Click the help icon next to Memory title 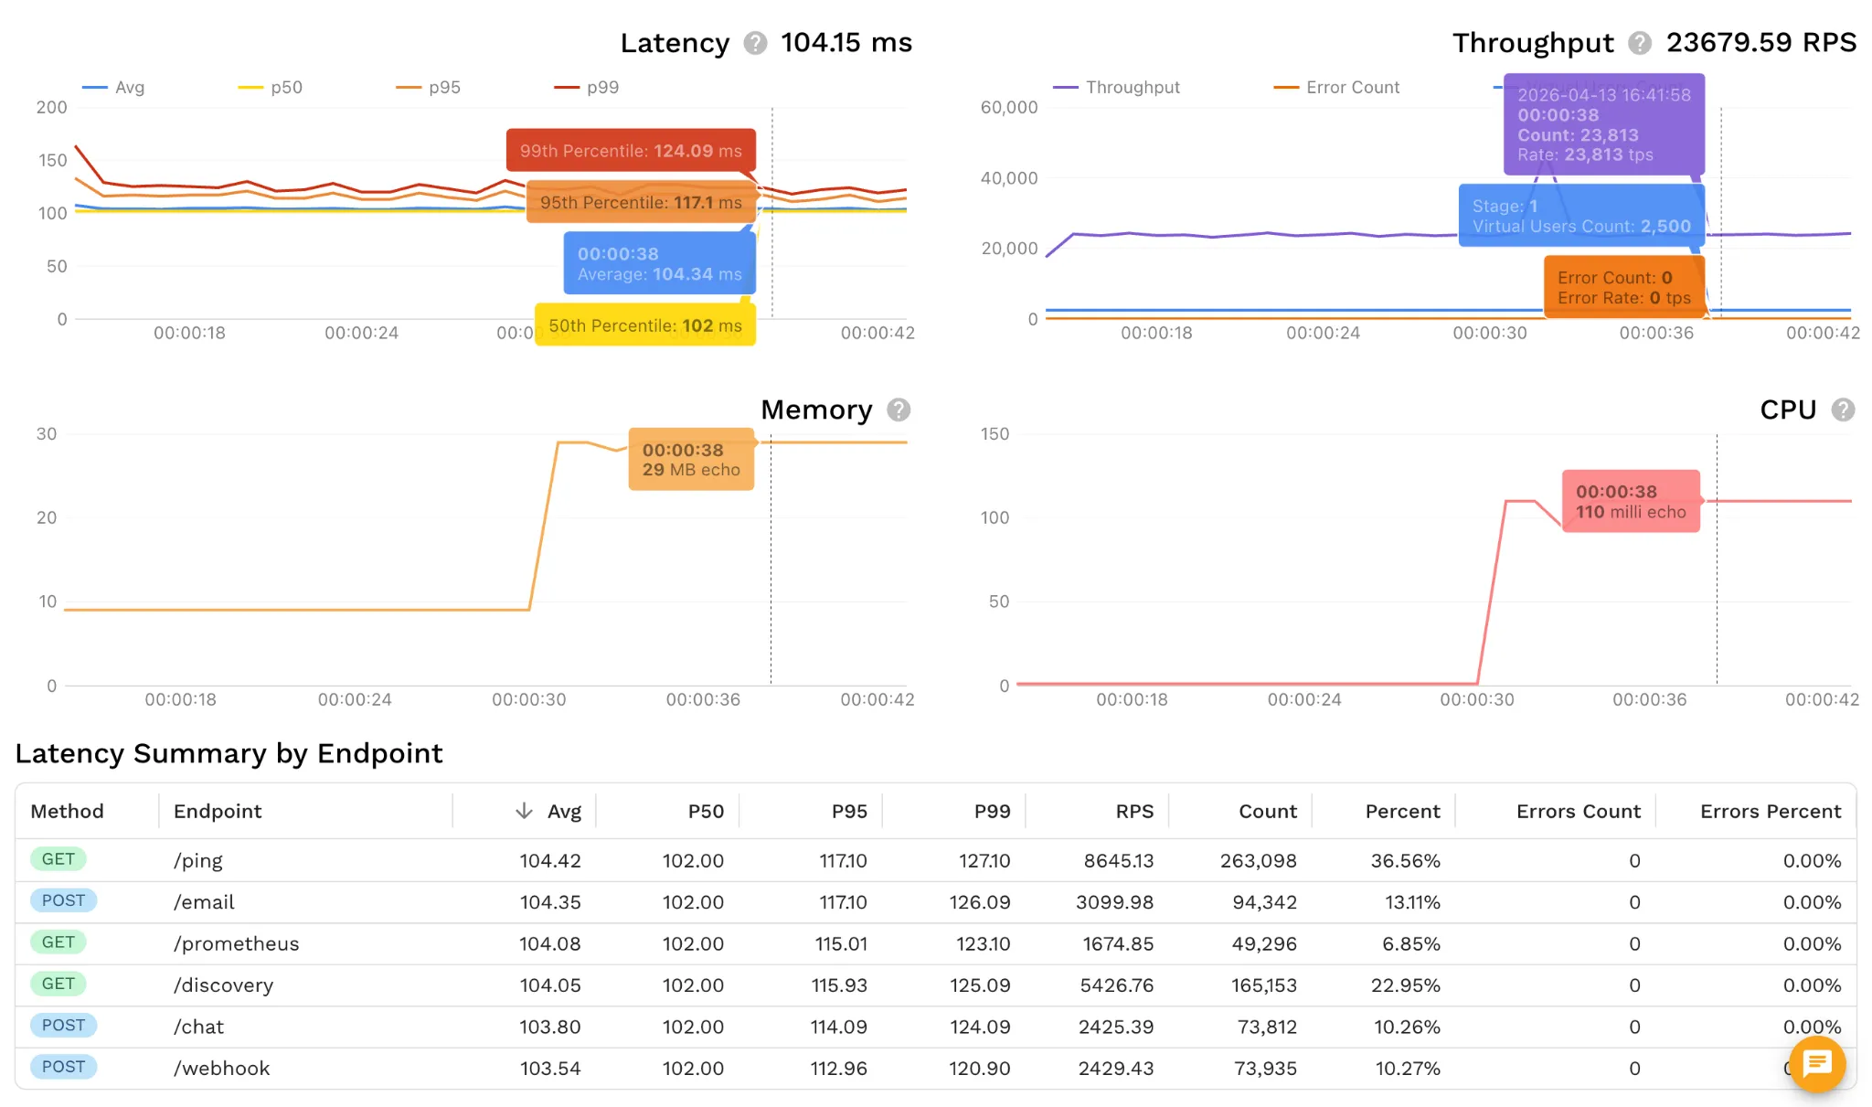[x=899, y=410]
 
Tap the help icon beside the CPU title [x=1843, y=410]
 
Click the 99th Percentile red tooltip [x=631, y=151]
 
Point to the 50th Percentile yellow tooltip [x=644, y=325]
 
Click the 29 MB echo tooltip [x=691, y=460]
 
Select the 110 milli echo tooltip [x=1631, y=502]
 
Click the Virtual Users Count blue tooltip [x=1581, y=217]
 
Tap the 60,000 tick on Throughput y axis [x=1009, y=108]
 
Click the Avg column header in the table [x=563, y=812]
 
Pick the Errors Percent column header [x=1770, y=812]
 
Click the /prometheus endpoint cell [x=236, y=943]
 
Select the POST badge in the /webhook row [x=63, y=1067]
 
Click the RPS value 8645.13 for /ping [x=1118, y=861]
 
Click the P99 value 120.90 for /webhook [x=979, y=1069]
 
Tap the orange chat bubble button [x=1816, y=1063]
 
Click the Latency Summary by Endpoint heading [x=229, y=753]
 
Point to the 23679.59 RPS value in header [x=1760, y=43]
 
